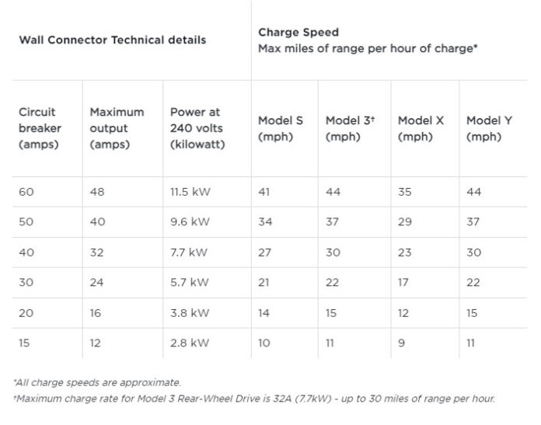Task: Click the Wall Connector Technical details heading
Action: click(x=113, y=40)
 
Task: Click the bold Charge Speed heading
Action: click(x=298, y=33)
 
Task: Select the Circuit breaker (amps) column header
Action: click(x=40, y=128)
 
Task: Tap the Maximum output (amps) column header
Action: click(x=117, y=128)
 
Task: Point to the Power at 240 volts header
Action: click(x=197, y=128)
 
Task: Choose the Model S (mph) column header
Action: click(x=281, y=129)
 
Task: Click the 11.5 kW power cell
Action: click(x=190, y=192)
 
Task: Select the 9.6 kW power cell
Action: click(x=190, y=222)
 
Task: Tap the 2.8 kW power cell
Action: click(x=190, y=343)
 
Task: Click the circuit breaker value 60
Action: click(x=26, y=192)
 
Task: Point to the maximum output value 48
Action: click(x=97, y=192)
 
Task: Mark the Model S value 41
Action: click(x=265, y=192)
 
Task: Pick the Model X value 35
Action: click(x=405, y=192)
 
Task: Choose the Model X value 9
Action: click(x=401, y=343)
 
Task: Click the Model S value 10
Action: click(x=265, y=343)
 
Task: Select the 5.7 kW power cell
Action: click(x=190, y=283)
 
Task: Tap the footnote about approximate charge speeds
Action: click(x=97, y=382)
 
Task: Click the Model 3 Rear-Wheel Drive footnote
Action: click(x=253, y=399)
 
